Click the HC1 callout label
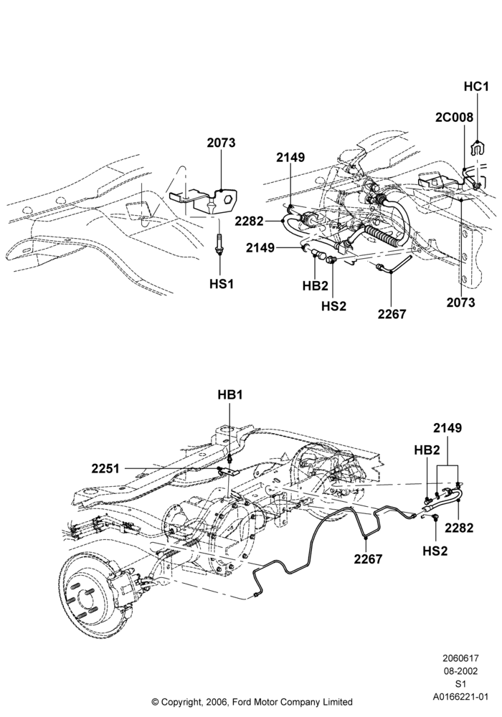476,86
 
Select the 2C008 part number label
454,117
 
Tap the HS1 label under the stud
222,284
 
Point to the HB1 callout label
230,394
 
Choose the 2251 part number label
105,469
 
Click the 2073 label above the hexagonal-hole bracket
221,143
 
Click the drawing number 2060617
460,658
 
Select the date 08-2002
460,671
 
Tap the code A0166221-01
460,697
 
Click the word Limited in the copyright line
338,702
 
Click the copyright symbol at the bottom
155,702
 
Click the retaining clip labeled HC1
478,147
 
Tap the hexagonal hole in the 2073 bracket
227,200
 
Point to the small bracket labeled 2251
229,471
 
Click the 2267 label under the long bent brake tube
368,559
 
